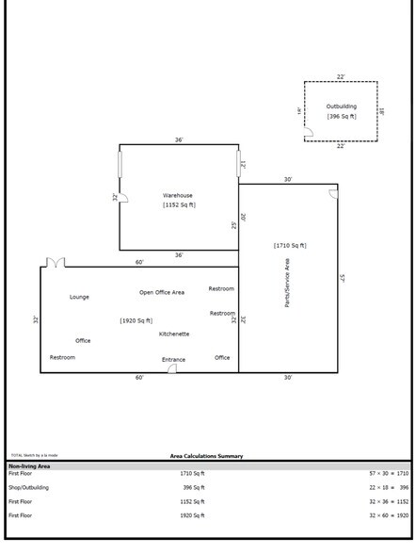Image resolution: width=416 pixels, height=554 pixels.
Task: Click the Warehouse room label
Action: [x=178, y=195]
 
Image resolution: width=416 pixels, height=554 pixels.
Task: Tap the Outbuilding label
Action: [x=341, y=106]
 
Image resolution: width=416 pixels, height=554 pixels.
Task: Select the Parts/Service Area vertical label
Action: [x=287, y=283]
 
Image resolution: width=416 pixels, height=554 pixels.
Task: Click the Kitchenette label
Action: [x=174, y=334]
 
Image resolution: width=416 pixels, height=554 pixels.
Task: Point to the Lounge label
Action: [x=79, y=297]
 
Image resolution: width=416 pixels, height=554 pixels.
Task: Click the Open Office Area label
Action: [x=162, y=292]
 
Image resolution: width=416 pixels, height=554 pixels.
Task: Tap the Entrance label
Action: [x=173, y=359]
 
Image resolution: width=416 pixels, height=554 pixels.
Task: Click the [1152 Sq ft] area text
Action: [x=178, y=204]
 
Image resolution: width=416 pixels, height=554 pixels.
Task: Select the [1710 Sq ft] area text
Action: [x=290, y=245]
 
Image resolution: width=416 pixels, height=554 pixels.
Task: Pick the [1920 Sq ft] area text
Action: [x=136, y=320]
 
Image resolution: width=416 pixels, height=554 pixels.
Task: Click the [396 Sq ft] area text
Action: [x=341, y=116]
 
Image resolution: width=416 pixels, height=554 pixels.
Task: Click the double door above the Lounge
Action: [x=56, y=262]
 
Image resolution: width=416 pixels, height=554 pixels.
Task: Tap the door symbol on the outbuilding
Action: [x=309, y=135]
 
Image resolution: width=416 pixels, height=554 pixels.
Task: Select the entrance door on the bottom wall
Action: [x=172, y=368]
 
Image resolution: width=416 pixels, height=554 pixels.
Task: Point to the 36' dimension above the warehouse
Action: [x=178, y=140]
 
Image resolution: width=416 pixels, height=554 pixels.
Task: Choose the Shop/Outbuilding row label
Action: [x=29, y=487]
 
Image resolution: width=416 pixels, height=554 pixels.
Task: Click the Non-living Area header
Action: [x=29, y=465]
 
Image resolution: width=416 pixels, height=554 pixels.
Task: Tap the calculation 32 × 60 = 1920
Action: [x=389, y=515]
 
